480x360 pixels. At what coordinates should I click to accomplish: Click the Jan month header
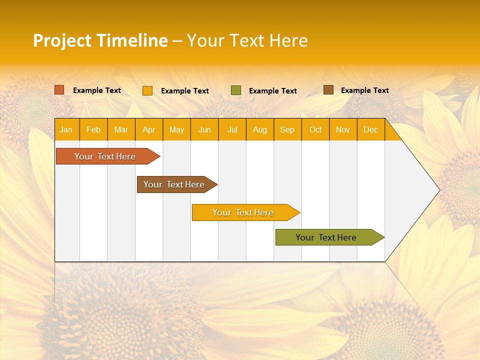(66, 129)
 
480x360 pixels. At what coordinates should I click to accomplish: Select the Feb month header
(93, 129)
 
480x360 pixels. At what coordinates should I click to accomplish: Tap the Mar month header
(121, 129)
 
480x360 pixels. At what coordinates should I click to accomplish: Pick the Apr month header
(149, 129)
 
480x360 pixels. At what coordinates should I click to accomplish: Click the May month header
(176, 129)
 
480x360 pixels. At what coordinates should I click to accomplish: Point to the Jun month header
(204, 129)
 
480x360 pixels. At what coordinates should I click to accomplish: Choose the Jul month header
(232, 129)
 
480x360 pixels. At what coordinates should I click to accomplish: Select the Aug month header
(260, 129)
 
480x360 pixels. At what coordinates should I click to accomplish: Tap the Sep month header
(287, 129)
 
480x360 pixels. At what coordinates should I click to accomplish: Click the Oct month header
(315, 129)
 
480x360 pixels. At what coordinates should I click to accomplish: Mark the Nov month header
(343, 129)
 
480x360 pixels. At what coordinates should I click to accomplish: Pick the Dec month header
(371, 129)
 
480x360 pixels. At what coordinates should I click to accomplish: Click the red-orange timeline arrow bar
(105, 156)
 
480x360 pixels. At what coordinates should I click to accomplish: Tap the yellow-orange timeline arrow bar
(243, 212)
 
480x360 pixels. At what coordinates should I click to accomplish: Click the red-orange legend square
(59, 90)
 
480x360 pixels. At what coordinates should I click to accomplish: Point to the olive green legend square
(236, 90)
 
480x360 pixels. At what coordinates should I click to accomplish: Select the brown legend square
(328, 90)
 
